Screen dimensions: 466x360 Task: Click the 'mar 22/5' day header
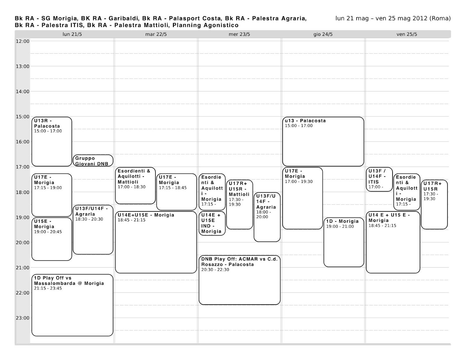click(x=156, y=34)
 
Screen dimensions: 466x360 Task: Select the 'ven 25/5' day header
click(x=407, y=34)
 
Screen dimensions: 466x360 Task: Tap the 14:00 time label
click(x=22, y=91)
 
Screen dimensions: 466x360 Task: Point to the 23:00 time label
click(x=22, y=318)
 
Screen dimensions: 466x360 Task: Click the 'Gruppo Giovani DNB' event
click(x=93, y=161)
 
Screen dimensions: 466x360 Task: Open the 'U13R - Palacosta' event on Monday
click(x=52, y=142)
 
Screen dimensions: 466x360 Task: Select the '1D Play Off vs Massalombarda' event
click(x=72, y=305)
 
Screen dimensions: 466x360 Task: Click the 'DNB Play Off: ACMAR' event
click(x=239, y=280)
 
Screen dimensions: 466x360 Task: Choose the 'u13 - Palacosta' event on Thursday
click(x=323, y=142)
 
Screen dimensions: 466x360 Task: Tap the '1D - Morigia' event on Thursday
click(x=344, y=242)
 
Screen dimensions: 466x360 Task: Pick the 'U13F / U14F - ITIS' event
click(x=379, y=179)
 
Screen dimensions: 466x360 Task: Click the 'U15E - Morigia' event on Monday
click(x=52, y=239)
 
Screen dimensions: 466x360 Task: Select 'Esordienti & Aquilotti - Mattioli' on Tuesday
click(x=135, y=186)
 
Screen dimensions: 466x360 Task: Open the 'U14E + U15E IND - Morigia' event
click(x=212, y=223)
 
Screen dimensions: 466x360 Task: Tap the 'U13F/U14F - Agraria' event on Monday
click(x=93, y=230)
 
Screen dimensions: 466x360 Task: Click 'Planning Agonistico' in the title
click(x=205, y=25)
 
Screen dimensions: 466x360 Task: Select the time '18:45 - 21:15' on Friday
click(x=382, y=226)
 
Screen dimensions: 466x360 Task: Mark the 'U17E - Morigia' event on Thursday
click(x=302, y=198)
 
